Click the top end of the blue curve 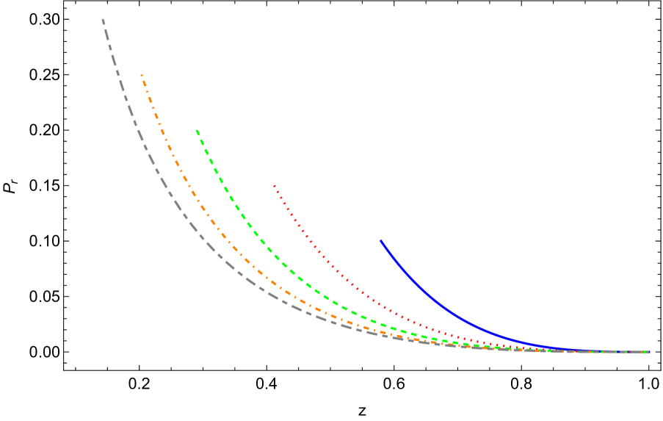381,240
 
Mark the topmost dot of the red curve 274,186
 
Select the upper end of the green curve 197,131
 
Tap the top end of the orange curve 142,76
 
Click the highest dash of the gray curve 104,21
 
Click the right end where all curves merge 648,352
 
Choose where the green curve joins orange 470,345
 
